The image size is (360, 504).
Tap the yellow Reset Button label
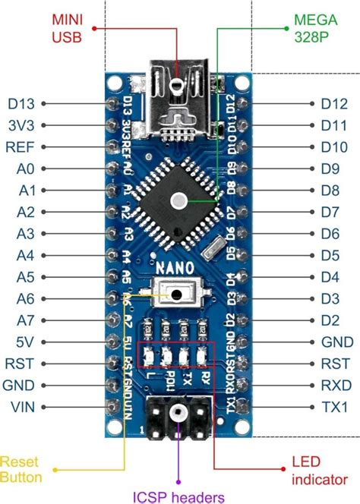21,469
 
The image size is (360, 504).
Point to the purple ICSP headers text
179,496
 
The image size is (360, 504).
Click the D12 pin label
334,103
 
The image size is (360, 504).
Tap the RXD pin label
335,385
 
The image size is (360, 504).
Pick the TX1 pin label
334,407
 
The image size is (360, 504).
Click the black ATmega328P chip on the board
178,200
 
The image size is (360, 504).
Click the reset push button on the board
178,295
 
